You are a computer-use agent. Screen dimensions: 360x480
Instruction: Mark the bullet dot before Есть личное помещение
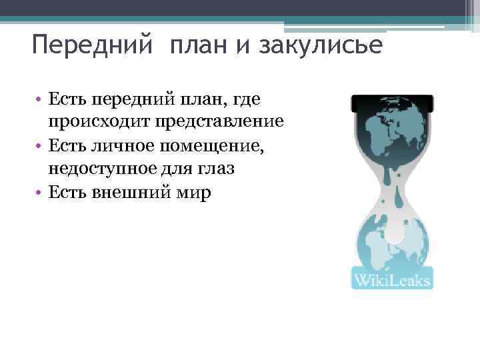tap(40, 145)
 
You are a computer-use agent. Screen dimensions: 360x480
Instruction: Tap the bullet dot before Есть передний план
tap(40, 100)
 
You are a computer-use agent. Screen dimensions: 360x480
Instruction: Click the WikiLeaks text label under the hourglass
tap(392, 278)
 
